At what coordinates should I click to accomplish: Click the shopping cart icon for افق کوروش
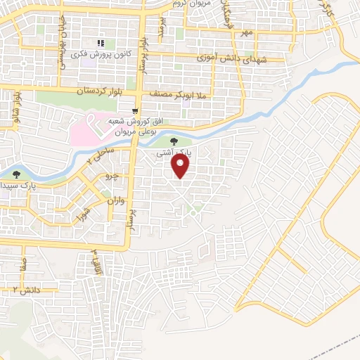pyautogui.click(x=134, y=110)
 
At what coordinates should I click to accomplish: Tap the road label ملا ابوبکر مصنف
pyautogui.click(x=172, y=92)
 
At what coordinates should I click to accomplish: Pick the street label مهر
pyautogui.click(x=245, y=32)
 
